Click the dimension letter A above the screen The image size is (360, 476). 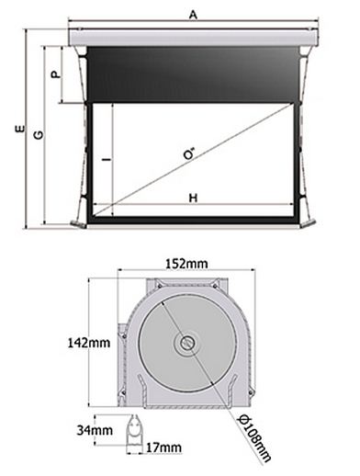193,15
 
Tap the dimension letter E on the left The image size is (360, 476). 20,129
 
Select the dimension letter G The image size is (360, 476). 39,135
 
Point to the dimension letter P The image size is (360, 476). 56,74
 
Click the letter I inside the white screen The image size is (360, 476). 107,160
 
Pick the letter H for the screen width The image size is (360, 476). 193,198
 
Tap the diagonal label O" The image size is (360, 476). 190,153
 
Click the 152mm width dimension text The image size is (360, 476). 186,264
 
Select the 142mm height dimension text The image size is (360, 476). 89,343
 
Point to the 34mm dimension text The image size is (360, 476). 95,430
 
